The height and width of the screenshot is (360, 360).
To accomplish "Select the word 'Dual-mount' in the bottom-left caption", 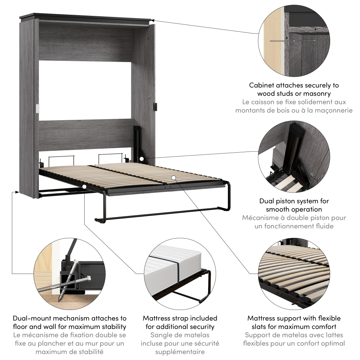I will click(x=30, y=318).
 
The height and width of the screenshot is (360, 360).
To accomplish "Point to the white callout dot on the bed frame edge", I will click(x=84, y=186).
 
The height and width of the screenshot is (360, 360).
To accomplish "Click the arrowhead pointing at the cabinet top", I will click(x=153, y=21).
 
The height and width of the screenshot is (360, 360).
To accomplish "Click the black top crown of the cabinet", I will click(x=86, y=18).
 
